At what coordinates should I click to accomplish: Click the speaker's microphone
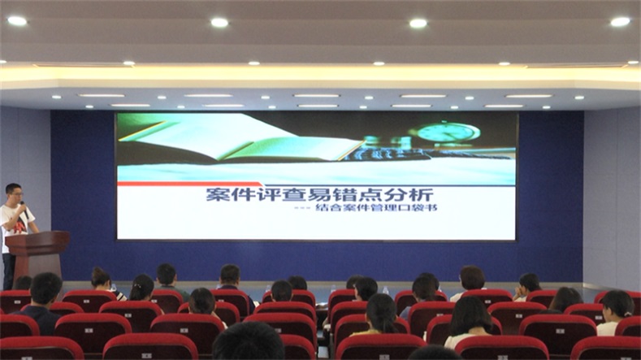(x=24, y=208)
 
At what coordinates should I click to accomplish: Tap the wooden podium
(x=37, y=254)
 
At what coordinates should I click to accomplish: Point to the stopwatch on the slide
(x=448, y=132)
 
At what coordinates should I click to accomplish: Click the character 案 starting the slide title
(x=218, y=194)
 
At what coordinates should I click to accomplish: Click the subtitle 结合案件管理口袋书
(x=376, y=207)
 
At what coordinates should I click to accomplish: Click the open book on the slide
(x=241, y=139)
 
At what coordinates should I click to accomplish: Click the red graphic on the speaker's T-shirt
(x=19, y=227)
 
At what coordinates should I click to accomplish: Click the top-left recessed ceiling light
(x=17, y=20)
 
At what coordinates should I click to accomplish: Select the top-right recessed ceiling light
(x=620, y=22)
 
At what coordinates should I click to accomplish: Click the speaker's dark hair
(x=13, y=188)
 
